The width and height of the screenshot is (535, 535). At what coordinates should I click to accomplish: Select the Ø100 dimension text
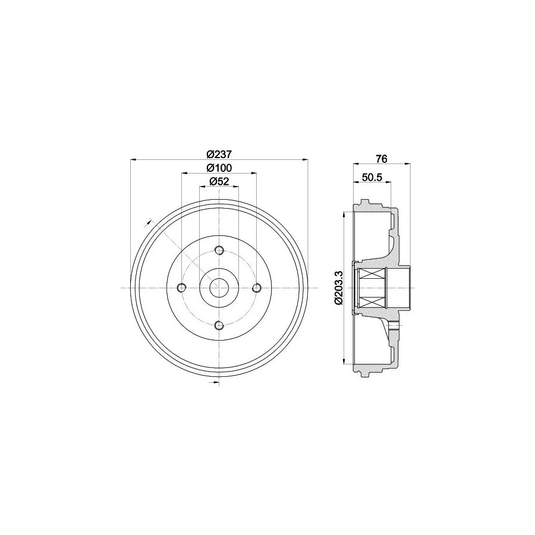tap(219, 168)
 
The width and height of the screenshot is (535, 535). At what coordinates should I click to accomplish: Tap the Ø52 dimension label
tap(219, 182)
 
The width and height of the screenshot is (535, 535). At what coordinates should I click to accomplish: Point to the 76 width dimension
tap(382, 159)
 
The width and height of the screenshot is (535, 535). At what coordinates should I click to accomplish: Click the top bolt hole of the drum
tap(219, 250)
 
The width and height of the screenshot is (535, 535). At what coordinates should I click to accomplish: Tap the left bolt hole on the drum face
tap(182, 288)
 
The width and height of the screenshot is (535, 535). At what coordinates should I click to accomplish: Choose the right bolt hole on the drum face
tap(257, 288)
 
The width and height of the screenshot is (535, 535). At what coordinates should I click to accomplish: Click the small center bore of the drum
tap(219, 288)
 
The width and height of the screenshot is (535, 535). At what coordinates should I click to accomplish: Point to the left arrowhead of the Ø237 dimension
tap(132, 159)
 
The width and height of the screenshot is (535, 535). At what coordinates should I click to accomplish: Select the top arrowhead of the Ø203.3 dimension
tap(345, 215)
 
